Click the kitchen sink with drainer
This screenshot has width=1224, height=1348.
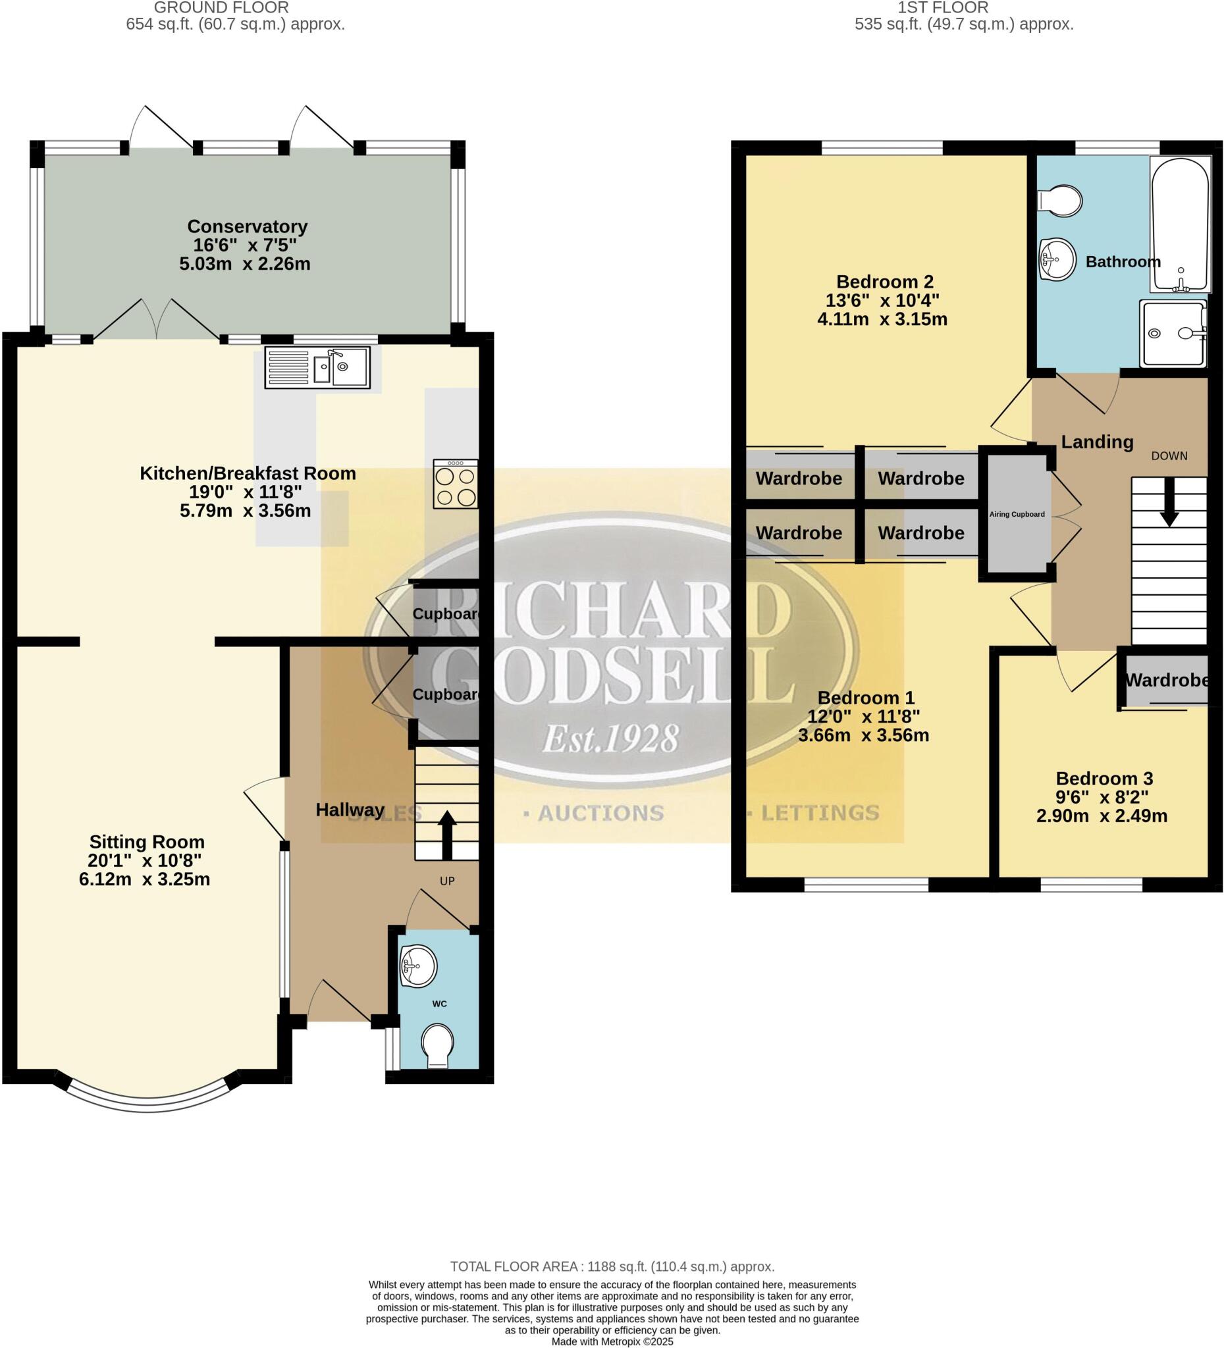(317, 367)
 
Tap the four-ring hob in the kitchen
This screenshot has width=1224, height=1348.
(456, 484)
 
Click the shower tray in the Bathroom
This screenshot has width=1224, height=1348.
(1174, 333)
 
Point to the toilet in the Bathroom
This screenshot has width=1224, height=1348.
(1061, 200)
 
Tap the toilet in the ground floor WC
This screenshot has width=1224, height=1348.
(437, 1045)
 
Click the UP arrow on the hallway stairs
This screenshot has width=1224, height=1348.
(446, 835)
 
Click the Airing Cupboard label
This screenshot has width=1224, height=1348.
(1017, 514)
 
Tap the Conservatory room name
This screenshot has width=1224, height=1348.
(247, 226)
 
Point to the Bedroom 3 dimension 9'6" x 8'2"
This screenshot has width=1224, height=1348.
(1102, 797)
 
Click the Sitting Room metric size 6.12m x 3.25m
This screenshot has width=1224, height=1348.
(144, 879)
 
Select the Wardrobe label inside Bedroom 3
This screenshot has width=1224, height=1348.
(1167, 680)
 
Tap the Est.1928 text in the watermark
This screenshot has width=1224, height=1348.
(610, 739)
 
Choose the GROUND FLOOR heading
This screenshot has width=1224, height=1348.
(221, 8)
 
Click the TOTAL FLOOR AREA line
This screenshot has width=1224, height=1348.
(612, 1266)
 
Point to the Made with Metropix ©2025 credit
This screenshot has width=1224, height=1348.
(612, 1341)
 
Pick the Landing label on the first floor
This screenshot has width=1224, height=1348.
(1097, 442)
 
